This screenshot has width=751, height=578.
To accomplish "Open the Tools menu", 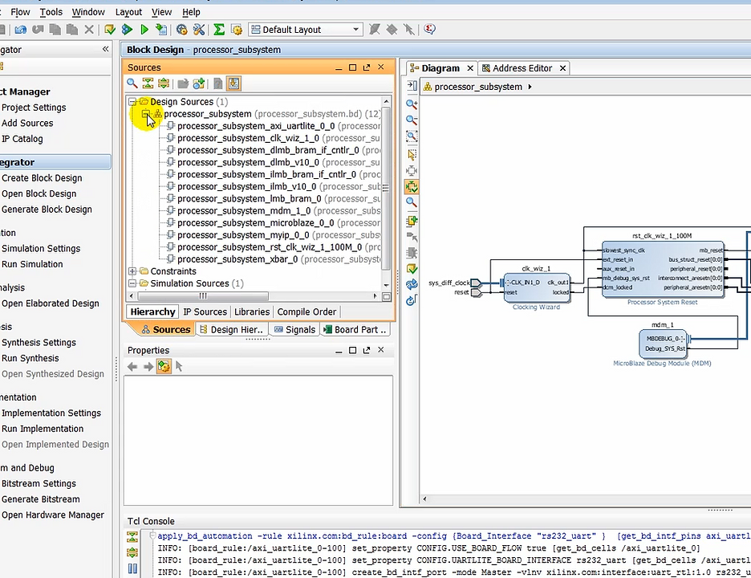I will coord(51,12).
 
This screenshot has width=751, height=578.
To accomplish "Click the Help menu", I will coord(191,12).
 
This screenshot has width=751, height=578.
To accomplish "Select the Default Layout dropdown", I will coord(306,30).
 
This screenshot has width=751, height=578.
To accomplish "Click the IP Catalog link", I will coord(22,139).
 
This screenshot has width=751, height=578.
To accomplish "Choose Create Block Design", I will coord(42,178).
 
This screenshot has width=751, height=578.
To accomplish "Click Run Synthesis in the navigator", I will coord(30,359).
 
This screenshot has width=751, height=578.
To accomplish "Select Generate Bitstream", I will coord(40,499).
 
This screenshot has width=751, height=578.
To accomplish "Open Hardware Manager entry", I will coord(52,515).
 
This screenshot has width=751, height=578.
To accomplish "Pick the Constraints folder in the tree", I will coord(173,271).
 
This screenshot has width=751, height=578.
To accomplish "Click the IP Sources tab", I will coord(205,312).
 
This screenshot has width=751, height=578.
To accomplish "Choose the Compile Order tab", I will coord(306,312).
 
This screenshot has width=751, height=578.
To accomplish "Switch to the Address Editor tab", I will coord(522,68).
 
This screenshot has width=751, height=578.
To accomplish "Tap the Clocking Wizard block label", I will coord(536,307).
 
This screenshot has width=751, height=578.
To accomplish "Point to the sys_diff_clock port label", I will coord(449,283).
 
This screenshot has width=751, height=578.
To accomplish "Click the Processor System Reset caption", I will coord(662,303).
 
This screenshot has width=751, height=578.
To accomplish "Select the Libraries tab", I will coord(252,312).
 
